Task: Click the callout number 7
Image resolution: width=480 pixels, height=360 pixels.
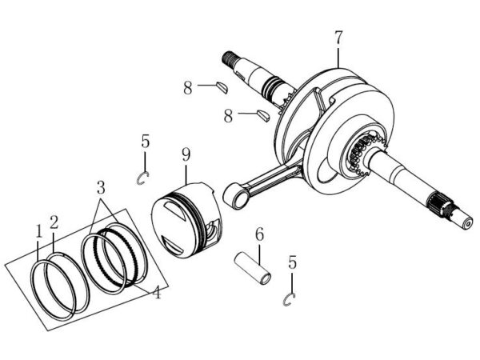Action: [x=338, y=38]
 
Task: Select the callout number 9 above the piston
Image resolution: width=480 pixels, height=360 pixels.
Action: [x=186, y=154]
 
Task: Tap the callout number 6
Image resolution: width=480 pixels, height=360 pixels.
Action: [x=259, y=234]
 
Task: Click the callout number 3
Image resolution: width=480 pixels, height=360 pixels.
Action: [x=101, y=188]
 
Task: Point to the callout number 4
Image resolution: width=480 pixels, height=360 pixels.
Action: [x=157, y=292]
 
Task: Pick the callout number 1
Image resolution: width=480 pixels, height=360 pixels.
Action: [x=38, y=231]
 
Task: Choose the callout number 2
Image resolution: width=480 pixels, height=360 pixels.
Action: [x=54, y=222]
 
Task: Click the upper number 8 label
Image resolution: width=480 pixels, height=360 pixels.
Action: [x=188, y=88]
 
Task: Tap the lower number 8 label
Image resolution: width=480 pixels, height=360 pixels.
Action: [x=228, y=116]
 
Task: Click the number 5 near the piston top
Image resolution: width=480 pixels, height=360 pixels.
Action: [x=146, y=142]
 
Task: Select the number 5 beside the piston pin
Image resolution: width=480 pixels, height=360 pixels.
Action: [x=292, y=262]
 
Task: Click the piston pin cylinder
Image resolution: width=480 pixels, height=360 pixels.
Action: [x=253, y=267]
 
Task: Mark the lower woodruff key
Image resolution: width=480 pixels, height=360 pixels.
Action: [x=263, y=115]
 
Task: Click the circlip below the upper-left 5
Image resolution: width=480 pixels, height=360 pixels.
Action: [x=142, y=178]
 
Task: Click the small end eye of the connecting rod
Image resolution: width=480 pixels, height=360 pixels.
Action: [x=236, y=196]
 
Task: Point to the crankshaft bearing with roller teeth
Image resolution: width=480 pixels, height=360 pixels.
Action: [x=364, y=154]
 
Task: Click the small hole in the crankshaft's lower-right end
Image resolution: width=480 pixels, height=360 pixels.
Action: [x=467, y=224]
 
